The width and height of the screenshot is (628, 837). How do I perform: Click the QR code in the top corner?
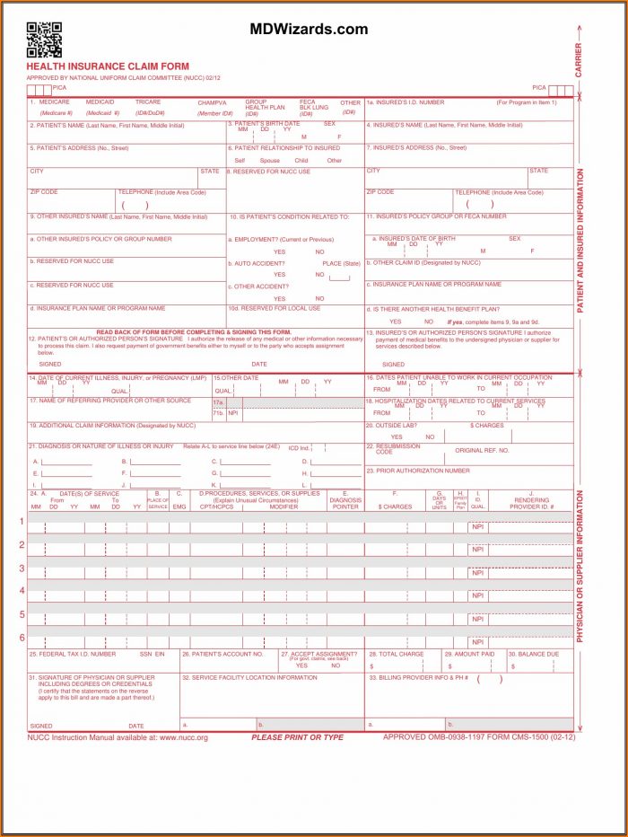[x=44, y=40]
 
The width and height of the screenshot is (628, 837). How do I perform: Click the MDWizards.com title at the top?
[x=309, y=30]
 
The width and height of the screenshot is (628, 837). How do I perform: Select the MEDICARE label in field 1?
[x=55, y=102]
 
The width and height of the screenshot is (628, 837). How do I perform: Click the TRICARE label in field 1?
[x=148, y=102]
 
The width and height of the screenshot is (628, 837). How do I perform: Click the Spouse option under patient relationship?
[x=269, y=161]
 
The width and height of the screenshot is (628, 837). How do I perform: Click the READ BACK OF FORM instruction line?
[x=194, y=331]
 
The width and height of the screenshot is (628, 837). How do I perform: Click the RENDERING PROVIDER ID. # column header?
[x=533, y=503]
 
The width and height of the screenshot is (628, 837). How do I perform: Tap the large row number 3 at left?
[x=22, y=568]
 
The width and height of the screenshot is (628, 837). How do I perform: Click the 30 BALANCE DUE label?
[x=536, y=654]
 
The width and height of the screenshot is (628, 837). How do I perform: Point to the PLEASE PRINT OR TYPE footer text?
[x=297, y=737]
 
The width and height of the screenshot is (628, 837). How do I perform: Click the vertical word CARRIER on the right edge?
[x=579, y=60]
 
